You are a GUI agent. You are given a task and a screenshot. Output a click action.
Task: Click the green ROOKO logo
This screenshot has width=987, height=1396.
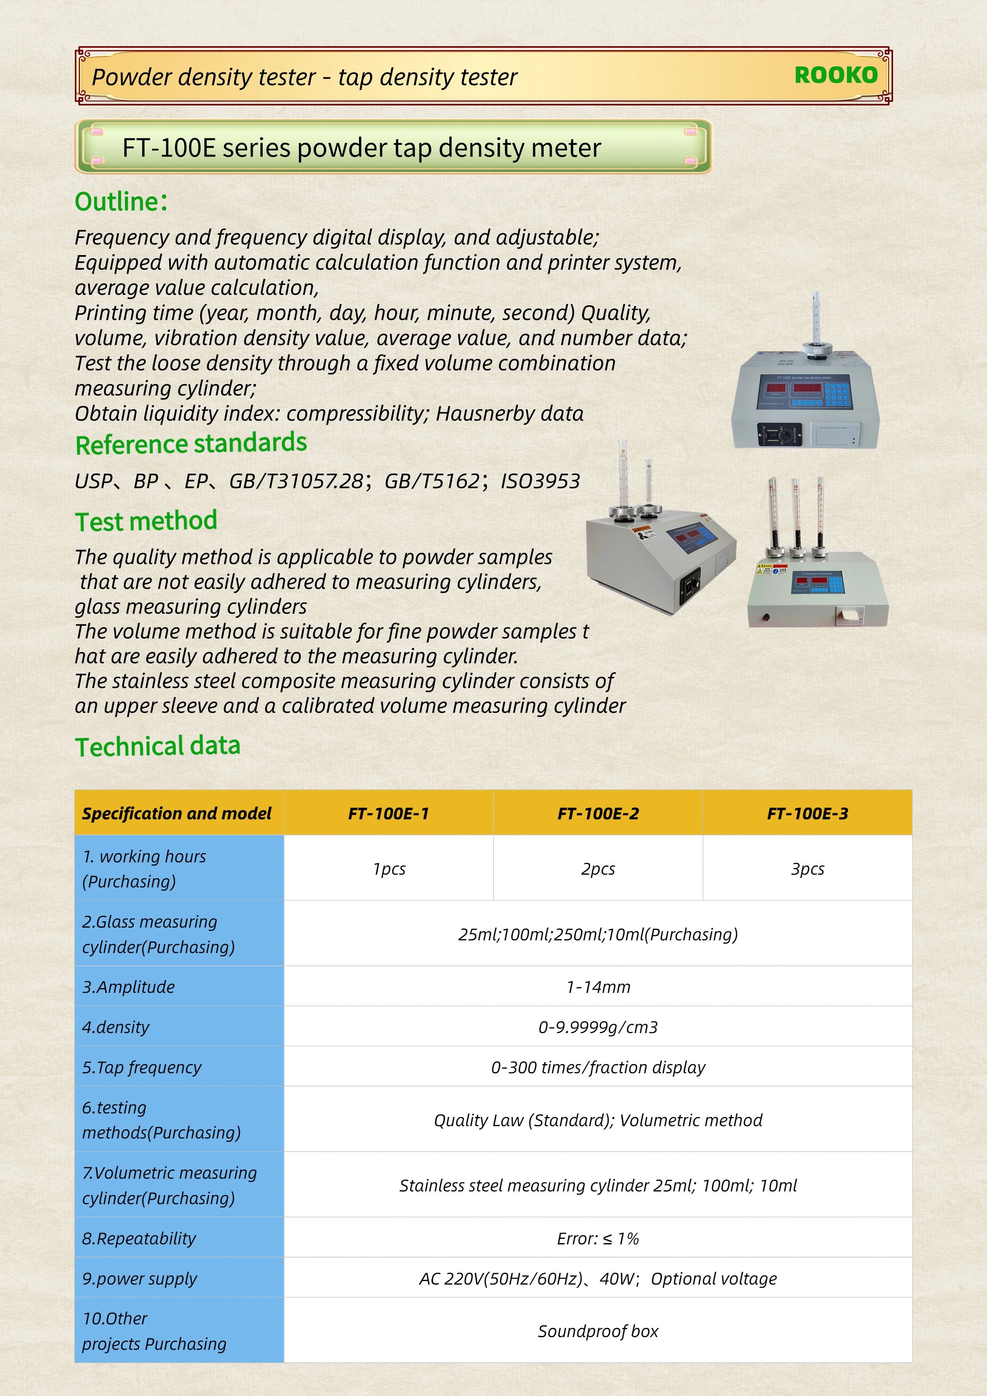click(836, 75)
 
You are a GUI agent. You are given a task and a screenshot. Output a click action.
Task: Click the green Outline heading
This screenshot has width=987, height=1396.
click(121, 202)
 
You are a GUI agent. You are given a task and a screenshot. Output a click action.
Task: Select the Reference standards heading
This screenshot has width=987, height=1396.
click(191, 443)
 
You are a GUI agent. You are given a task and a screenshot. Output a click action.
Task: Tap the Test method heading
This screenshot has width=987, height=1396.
click(146, 521)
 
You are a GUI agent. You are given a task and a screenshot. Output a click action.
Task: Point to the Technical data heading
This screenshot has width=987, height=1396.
click(158, 747)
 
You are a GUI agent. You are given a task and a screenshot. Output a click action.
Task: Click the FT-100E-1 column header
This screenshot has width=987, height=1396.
click(388, 813)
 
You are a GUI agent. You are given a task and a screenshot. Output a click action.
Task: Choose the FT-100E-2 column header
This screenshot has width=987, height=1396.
click(598, 813)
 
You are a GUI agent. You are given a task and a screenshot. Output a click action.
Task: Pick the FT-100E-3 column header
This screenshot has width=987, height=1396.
click(807, 813)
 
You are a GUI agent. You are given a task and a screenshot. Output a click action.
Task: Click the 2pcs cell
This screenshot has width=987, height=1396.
click(598, 869)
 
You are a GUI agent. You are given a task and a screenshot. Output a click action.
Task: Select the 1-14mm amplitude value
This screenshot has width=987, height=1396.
click(598, 987)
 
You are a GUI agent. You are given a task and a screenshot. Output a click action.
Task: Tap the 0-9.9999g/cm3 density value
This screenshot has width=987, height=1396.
click(598, 1027)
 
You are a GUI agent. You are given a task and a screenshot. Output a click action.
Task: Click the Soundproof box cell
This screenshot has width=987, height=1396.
click(598, 1331)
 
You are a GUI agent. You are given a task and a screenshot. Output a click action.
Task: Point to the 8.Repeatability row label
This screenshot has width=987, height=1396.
click(139, 1238)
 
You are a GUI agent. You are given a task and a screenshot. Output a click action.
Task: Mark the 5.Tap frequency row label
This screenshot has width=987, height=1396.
click(142, 1067)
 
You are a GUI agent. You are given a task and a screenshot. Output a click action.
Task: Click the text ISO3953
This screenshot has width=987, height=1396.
click(540, 482)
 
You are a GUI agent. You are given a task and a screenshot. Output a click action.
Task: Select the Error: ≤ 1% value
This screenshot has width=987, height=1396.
click(598, 1238)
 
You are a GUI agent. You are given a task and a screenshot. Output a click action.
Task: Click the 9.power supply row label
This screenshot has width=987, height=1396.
click(139, 1279)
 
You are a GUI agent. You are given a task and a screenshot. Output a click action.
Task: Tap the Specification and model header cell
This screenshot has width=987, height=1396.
click(177, 813)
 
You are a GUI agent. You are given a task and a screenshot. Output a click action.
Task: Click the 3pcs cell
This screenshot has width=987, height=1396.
click(807, 869)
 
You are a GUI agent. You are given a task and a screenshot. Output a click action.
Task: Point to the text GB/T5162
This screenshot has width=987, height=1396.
click(432, 482)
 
